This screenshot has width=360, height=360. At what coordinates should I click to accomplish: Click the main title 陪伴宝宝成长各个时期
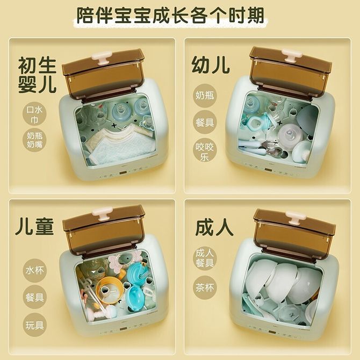pyautogui.click(x=170, y=16)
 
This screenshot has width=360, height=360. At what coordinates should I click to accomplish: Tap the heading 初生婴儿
pyautogui.click(x=37, y=75)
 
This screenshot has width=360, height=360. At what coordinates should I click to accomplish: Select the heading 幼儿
pyautogui.click(x=211, y=65)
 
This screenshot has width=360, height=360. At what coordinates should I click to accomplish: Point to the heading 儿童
pyautogui.click(x=34, y=226)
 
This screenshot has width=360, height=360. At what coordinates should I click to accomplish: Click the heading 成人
pyautogui.click(x=214, y=228)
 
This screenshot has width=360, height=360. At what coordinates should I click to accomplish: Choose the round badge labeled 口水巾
pyautogui.click(x=34, y=114)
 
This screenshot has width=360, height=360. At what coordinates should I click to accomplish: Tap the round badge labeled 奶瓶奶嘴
pyautogui.click(x=34, y=140)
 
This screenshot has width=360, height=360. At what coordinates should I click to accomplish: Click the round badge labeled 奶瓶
pyautogui.click(x=205, y=95)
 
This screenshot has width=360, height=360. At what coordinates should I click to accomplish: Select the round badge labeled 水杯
pyautogui.click(x=34, y=270)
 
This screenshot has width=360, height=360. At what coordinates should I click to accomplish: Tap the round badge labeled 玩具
pyautogui.click(x=34, y=325)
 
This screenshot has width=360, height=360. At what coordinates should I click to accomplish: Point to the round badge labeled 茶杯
pyautogui.click(x=205, y=287)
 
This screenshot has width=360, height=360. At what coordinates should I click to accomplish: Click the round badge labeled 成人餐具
pyautogui.click(x=205, y=258)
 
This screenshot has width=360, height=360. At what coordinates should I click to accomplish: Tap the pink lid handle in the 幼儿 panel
pyautogui.click(x=292, y=55)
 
